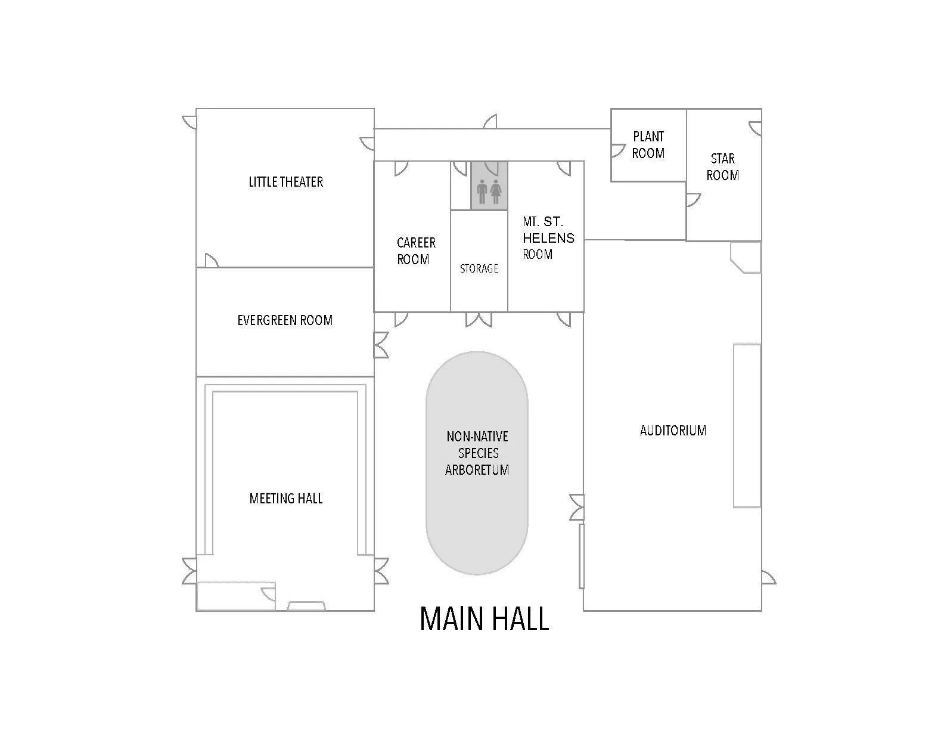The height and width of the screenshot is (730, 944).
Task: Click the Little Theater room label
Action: coord(285,182)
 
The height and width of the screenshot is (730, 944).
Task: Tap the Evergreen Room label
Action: coord(285,320)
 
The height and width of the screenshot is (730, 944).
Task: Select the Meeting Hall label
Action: coord(286,499)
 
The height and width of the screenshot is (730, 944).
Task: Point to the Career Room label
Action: coord(416,251)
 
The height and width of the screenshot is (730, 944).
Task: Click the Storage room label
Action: coord(479,269)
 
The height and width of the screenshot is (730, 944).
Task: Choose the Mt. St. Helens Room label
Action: coord(548,238)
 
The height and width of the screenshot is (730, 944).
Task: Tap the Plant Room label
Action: coord(648,145)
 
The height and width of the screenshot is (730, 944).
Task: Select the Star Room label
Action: coord(723,167)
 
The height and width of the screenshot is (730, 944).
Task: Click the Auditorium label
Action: coord(673,431)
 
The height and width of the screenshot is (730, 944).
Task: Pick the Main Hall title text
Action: coord(484,619)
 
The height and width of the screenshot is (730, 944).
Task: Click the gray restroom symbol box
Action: coord(489,185)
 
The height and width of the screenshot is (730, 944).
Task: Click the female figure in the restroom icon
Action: coord(496,193)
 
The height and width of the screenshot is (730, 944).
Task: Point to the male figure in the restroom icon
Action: coord(482,193)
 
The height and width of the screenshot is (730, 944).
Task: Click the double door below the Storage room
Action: coord(479,320)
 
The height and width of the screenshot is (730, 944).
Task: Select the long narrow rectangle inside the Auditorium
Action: coord(747,425)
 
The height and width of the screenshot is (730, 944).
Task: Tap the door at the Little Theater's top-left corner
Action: coord(190,122)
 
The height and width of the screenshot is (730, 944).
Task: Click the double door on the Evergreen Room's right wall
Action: coord(381,345)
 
